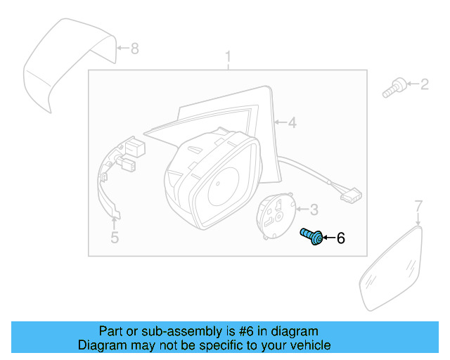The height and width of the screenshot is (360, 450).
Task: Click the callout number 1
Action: coord(228,56)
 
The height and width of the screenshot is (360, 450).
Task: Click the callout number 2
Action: coord(424,86)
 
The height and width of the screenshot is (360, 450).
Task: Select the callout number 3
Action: coord(314,209)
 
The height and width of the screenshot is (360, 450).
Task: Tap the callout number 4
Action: coord(292,123)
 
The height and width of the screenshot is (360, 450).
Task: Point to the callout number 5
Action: coord(115,238)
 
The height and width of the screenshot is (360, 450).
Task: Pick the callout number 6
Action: coord(341,239)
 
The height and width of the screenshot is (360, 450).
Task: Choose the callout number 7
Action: coord(418,206)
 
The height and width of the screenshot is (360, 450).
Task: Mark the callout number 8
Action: coord(135,49)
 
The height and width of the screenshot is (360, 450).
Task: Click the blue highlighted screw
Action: coord(312,237)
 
